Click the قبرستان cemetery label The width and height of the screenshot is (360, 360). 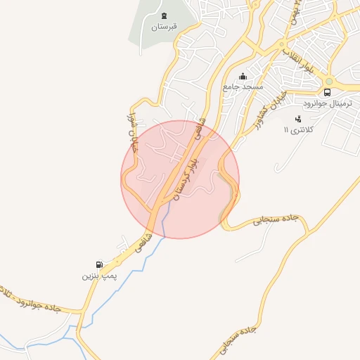tap(165, 27)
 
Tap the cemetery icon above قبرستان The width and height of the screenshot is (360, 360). tap(165, 15)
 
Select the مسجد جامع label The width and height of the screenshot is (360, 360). tap(243, 86)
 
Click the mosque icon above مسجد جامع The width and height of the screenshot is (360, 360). tap(243, 76)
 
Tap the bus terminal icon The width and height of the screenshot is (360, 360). tap(327, 92)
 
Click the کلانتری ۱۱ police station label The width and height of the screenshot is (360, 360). tap(304, 129)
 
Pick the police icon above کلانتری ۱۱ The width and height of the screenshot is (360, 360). tap(297, 119)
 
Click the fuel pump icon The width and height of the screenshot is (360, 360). tap(100, 265)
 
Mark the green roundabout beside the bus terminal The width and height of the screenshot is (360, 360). tap(328, 81)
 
